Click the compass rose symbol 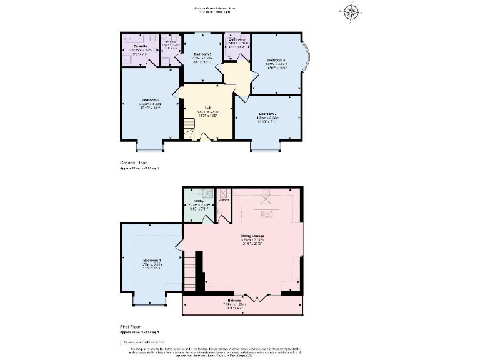tap(352, 11)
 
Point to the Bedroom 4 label tap(276, 59)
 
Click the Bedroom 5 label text tap(201, 54)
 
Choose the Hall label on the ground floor tap(207, 107)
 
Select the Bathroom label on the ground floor tap(238, 39)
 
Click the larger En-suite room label tap(141, 46)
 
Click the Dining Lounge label tap(252, 236)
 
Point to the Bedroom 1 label tap(152, 260)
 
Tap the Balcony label tap(244, 302)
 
